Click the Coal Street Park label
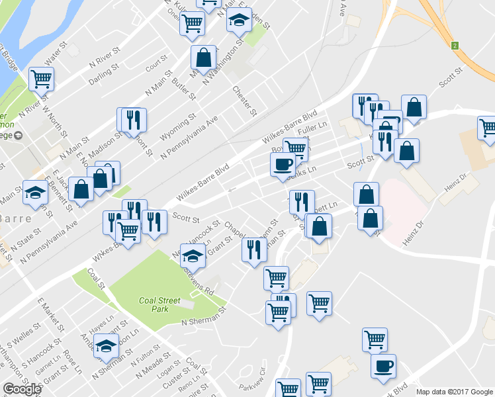tap(159, 304)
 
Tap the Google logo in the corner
tap(22, 389)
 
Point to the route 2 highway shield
tap(455, 46)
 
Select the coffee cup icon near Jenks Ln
tap(283, 165)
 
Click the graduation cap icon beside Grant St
tap(193, 255)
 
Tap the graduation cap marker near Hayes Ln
tap(105, 345)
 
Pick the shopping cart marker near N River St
tap(41, 79)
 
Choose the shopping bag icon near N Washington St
tap(203, 58)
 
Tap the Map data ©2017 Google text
tap(455, 392)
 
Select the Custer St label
tap(173, 378)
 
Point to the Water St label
tap(56, 49)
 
